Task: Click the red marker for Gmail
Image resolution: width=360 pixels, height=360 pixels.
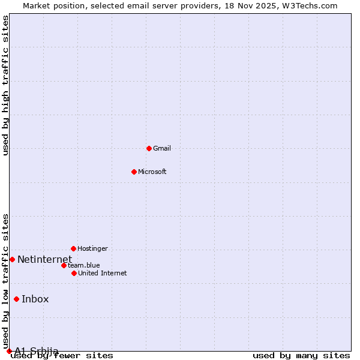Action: pos(149,148)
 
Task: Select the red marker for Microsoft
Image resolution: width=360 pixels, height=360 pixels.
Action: pos(134,172)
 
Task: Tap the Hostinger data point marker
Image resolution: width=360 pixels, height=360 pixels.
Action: pos(73,248)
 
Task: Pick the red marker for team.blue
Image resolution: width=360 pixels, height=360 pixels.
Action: pos(64,265)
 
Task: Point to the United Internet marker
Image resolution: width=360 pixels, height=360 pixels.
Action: pos(74,273)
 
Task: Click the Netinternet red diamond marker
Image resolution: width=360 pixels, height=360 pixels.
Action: pos(12,259)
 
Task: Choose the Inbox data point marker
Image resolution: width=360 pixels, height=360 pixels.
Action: pos(16,299)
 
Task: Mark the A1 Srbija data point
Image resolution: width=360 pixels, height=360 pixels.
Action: pos(9,351)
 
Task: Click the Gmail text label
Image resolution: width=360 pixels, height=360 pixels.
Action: pos(162,148)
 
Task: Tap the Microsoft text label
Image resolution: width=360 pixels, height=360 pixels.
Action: pos(152,172)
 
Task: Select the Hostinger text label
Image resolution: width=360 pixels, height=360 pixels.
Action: pos(92,248)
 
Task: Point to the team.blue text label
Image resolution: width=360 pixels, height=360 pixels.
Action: pos(84,265)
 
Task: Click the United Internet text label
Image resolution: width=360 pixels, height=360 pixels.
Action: pos(103,273)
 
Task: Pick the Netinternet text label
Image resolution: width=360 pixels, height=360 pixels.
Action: pos(44,259)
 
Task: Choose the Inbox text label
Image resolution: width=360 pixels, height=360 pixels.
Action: pos(35,299)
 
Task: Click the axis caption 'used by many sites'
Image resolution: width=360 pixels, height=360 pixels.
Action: pos(301,356)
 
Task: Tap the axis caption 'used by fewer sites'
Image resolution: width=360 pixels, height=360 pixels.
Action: pos(62,356)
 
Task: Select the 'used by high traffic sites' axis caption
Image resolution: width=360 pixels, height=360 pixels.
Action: pos(5,85)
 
